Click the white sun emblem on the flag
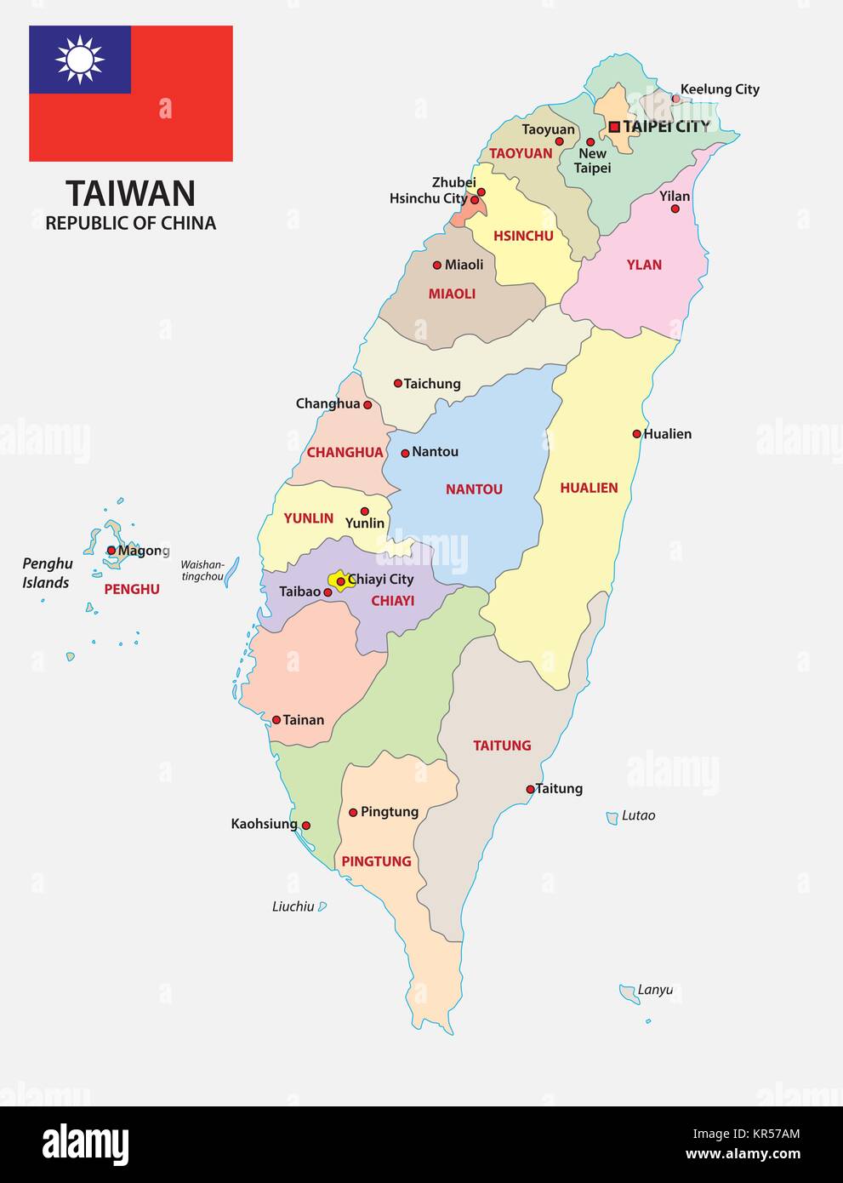[80, 60]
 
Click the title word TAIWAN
[131, 193]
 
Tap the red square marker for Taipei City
[614, 127]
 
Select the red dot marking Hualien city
[636, 434]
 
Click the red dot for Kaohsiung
[306, 826]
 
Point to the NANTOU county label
[474, 489]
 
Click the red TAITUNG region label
[502, 746]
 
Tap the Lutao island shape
[612, 818]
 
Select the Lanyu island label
[655, 990]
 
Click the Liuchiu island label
[293, 907]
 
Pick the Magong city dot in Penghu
[111, 551]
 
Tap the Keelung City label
[720, 89]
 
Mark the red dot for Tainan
[276, 720]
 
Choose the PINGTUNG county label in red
[376, 861]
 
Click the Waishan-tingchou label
[202, 570]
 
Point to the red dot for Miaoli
[437, 265]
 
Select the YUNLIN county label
[308, 517]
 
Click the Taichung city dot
[397, 384]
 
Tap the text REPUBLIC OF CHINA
[131, 223]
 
